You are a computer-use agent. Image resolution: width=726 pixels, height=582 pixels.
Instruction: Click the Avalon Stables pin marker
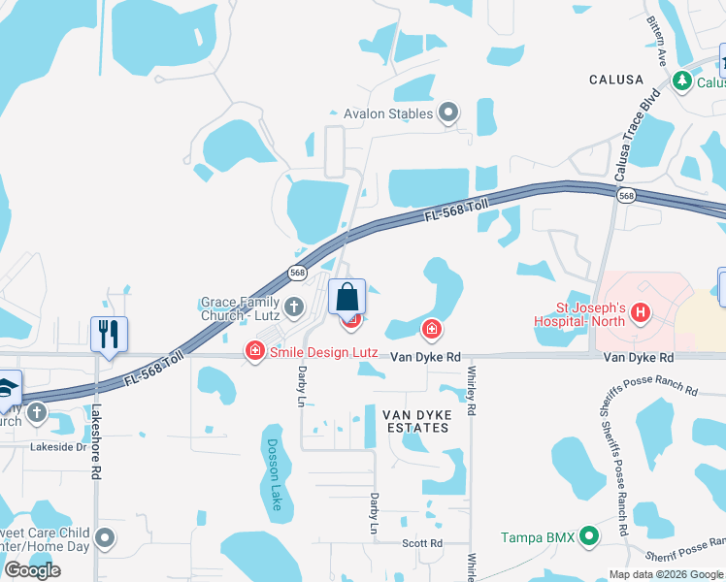point(448,113)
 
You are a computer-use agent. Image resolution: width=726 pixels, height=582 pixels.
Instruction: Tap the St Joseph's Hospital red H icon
point(640,312)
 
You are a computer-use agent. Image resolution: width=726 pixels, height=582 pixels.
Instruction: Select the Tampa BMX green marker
point(587,536)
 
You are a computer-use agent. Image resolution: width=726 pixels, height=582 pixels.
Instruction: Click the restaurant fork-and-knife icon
point(109,335)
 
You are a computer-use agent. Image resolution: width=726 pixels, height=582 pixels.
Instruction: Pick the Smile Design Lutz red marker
point(255,350)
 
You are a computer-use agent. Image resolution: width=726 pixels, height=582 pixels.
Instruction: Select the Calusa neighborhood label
point(615,80)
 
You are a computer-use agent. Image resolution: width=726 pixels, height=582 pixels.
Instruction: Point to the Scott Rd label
point(422,543)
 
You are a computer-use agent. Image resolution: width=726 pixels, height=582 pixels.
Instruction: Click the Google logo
point(32,570)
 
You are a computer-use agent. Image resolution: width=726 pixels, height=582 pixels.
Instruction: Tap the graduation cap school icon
point(6,387)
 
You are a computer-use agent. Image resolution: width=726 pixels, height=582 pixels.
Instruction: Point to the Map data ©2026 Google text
point(665,574)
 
